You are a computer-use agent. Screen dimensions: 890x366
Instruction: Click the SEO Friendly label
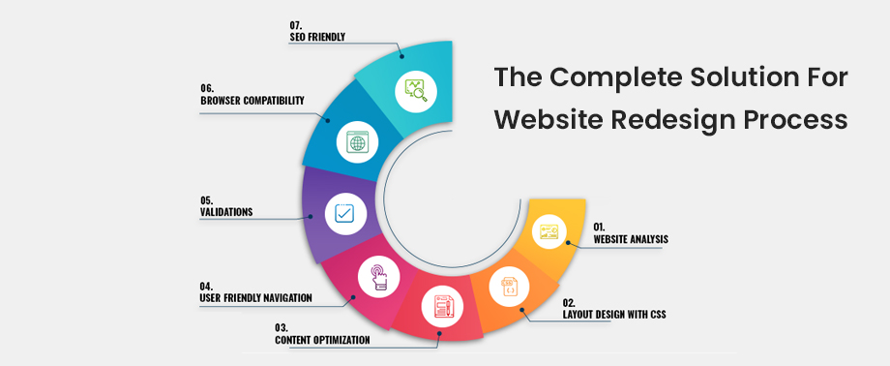click(x=318, y=37)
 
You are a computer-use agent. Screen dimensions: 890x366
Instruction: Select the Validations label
click(x=225, y=212)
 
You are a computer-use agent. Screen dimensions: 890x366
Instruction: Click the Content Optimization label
click(x=323, y=340)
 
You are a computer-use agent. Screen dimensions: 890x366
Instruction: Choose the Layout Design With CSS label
click(x=614, y=314)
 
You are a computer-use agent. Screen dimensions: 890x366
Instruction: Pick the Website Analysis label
click(x=630, y=238)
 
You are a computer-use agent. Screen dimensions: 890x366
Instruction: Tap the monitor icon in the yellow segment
click(x=549, y=230)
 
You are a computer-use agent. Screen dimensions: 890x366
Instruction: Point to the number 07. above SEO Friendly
click(x=296, y=24)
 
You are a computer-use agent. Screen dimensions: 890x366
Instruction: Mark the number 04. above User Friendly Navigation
click(x=206, y=287)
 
